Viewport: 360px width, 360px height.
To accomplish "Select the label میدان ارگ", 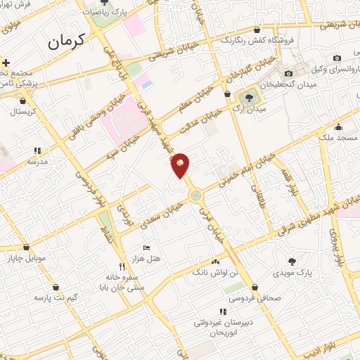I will click(250, 109).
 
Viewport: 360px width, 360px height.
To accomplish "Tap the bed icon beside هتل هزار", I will click(146, 248).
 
